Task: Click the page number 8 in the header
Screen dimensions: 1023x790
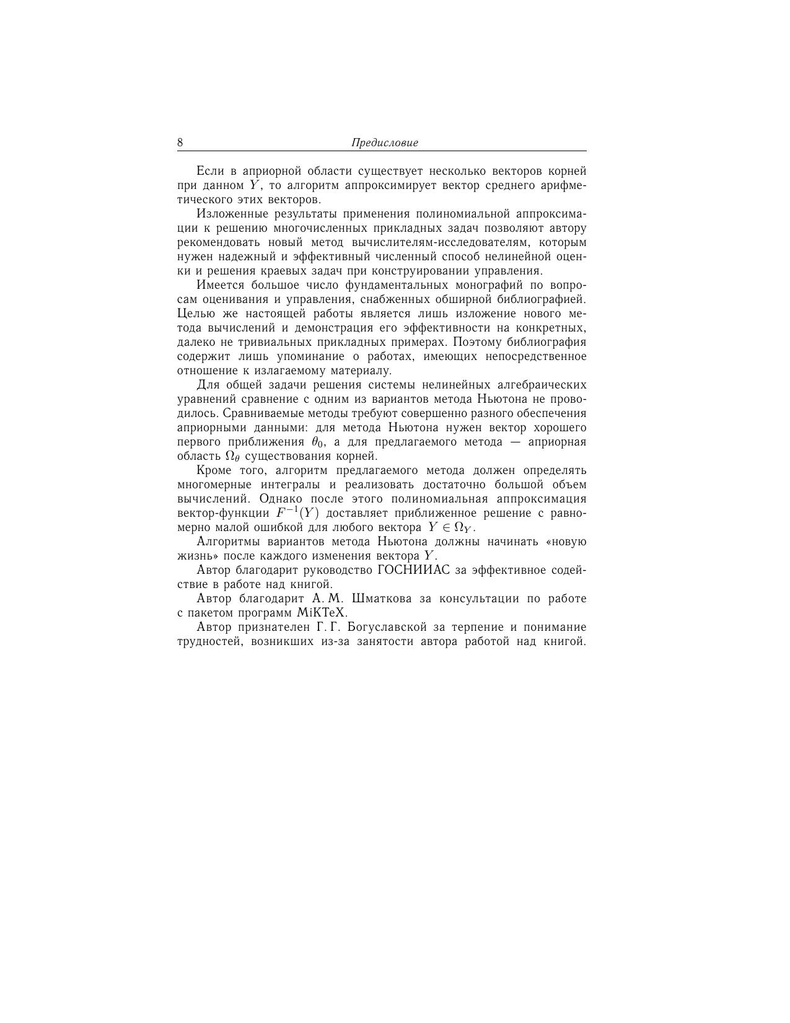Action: (x=180, y=143)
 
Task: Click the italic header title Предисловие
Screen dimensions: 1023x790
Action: (x=385, y=143)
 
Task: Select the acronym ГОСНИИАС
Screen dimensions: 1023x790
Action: (x=413, y=570)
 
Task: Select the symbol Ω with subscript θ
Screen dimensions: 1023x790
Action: (x=232, y=457)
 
